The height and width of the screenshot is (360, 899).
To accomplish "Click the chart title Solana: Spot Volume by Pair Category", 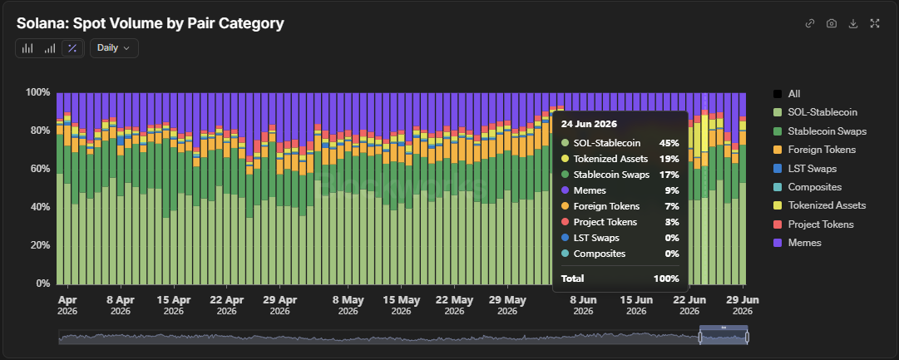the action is (151, 23).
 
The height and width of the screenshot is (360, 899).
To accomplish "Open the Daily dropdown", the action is (114, 48).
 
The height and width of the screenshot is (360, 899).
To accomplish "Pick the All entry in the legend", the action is (787, 94).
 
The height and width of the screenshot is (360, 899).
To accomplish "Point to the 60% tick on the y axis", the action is (40, 169).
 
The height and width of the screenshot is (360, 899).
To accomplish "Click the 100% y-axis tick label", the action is (37, 92).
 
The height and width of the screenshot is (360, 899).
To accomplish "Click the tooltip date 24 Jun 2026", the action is (588, 124).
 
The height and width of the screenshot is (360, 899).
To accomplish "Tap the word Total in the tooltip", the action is (572, 279).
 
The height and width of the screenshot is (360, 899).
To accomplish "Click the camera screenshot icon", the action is (832, 23).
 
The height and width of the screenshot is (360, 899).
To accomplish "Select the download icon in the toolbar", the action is (853, 23).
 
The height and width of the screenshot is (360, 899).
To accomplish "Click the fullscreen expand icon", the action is (875, 23).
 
